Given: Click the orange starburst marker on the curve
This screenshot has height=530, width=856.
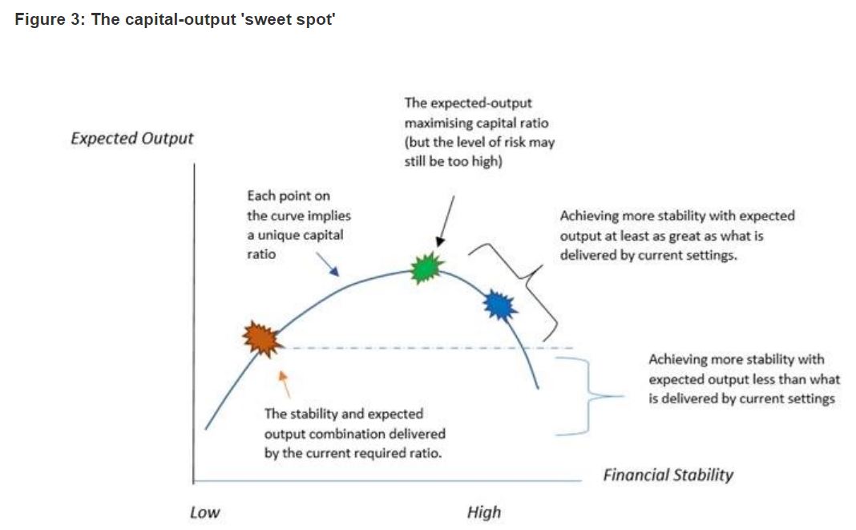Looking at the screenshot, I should pyautogui.click(x=262, y=338).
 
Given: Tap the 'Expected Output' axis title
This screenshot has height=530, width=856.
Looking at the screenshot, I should pyautogui.click(x=132, y=138).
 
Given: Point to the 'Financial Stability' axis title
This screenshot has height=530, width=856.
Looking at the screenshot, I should pyautogui.click(x=668, y=475).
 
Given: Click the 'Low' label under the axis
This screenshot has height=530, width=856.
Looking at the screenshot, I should pyautogui.click(x=204, y=512).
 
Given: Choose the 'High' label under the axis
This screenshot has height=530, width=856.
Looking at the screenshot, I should pyautogui.click(x=483, y=512).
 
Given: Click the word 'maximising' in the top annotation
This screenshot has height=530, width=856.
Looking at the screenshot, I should pyautogui.click(x=438, y=123).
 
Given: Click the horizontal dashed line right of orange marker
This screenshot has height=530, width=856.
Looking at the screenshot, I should pyautogui.click(x=425, y=348).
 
